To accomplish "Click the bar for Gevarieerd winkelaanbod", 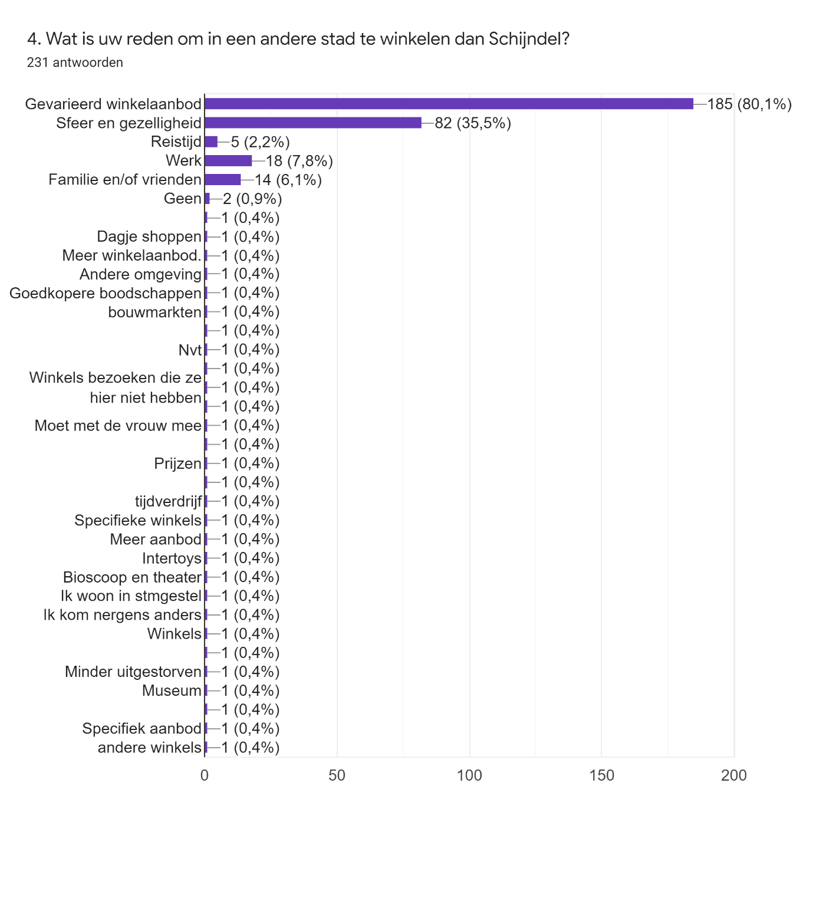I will pos(449,104).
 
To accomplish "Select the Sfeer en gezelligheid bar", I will pos(313,123).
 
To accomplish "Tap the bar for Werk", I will pos(228,161).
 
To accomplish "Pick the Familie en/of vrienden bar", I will pos(223,180).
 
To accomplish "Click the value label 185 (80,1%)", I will pos(749,104).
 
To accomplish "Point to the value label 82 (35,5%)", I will pos(472,123).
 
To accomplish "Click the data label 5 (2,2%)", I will pos(260,142).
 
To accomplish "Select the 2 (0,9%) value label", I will pos(252,199).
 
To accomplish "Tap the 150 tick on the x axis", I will pos(601,775).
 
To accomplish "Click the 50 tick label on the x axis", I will pos(337,775).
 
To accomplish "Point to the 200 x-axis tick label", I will pos(733,775).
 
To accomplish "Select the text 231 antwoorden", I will pos(75,63).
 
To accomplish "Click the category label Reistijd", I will pos(176,142).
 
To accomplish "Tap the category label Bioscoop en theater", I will pos(132,577).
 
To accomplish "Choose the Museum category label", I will pos(172,690).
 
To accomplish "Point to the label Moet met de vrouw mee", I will pos(118,426).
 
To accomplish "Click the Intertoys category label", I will pos(172,558).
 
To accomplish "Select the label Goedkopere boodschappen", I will pos(106,293).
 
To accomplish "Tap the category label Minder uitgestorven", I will pos(133,672).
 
